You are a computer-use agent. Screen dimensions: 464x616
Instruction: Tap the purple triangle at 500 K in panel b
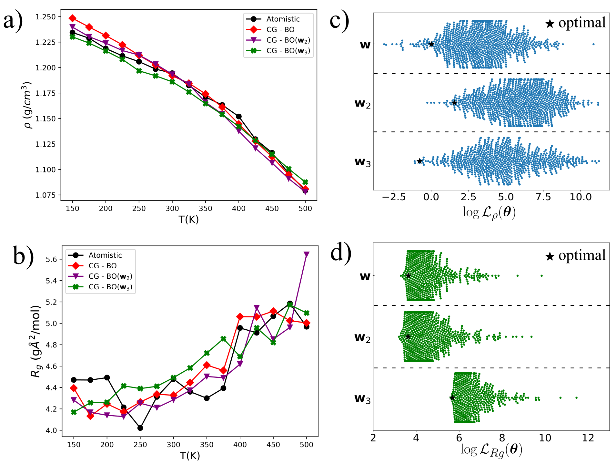(307, 254)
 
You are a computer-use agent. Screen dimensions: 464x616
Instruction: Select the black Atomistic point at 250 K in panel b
(140, 428)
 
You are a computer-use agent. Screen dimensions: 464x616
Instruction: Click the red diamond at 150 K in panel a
(73, 18)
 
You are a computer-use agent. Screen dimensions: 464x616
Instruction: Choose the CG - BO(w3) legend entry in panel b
(110, 287)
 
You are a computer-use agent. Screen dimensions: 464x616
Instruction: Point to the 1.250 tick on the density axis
(45, 17)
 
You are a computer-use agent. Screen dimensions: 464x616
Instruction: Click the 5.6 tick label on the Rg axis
(51, 259)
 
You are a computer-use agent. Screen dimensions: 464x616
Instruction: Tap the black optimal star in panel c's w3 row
(419, 161)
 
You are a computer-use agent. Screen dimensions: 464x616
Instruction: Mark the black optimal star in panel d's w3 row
(452, 398)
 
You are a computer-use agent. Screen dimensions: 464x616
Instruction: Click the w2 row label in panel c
(363, 103)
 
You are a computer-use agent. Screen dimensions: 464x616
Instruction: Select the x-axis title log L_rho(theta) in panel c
(489, 212)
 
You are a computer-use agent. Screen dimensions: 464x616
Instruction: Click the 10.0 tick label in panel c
(581, 197)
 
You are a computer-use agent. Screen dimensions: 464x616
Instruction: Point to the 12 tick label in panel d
(588, 438)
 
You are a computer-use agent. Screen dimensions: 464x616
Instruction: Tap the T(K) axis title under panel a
(189, 220)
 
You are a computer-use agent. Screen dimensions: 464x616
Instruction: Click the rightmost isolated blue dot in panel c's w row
(593, 44)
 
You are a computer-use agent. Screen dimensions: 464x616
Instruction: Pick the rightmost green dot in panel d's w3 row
(576, 397)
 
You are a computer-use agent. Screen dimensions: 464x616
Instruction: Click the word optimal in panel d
(582, 255)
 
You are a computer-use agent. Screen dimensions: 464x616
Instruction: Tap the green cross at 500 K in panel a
(305, 182)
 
